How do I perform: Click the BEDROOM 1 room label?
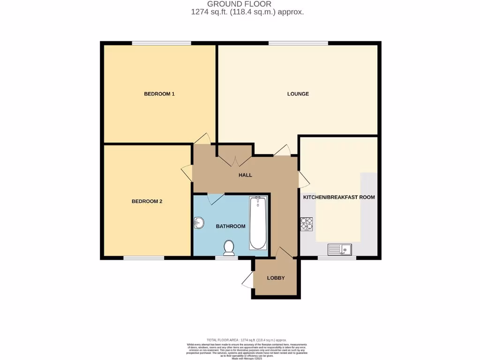[159, 94]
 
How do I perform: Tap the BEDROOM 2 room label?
[147, 202]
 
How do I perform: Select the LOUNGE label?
[298, 94]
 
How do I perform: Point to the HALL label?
[245, 175]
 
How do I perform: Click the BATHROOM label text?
[230, 226]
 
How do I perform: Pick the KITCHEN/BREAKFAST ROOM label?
[339, 197]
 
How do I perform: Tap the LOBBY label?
[276, 278]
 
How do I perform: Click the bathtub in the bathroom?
[257, 223]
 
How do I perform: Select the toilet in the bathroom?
[229, 247]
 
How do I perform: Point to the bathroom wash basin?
[199, 223]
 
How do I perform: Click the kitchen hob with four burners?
[307, 224]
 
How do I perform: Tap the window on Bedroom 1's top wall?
[161, 43]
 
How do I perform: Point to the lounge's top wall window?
[298, 43]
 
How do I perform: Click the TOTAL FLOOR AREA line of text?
[246, 340]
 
